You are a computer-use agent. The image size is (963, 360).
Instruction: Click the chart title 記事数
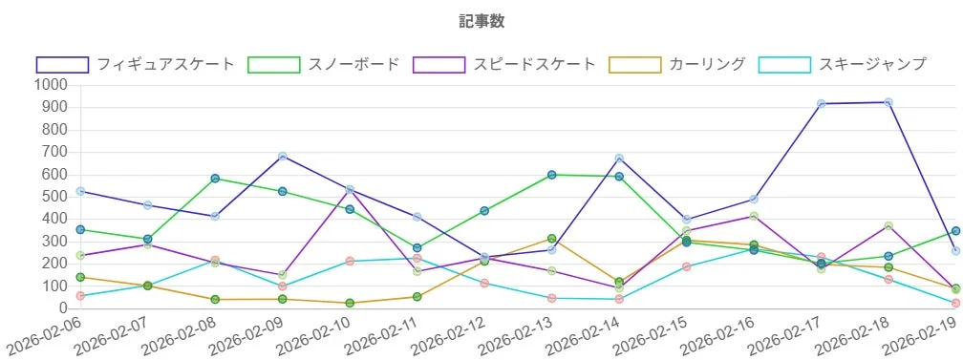coord(481,21)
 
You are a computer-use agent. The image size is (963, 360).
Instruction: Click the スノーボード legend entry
coord(323,65)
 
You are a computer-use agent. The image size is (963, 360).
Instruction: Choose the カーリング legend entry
coord(680,65)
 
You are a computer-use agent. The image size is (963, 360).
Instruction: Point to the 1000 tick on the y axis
coord(49,85)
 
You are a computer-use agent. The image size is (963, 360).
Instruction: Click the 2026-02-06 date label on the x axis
coord(46,337)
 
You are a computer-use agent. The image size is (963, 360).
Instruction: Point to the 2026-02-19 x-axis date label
coord(921,337)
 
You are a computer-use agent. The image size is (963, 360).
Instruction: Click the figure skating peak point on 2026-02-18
coord(888,102)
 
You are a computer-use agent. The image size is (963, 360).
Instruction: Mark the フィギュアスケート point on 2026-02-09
coord(283,157)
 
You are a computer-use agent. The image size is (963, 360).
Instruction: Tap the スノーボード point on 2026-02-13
coord(552,175)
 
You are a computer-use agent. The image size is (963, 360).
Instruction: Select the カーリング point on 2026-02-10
coord(350,303)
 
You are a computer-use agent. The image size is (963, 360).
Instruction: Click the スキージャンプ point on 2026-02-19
coord(955,303)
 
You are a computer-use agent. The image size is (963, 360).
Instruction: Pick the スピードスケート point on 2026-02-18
coord(888,226)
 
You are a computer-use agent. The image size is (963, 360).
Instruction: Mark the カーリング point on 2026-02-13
coord(552,239)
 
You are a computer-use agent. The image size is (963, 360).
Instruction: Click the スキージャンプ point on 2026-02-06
coord(80,296)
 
